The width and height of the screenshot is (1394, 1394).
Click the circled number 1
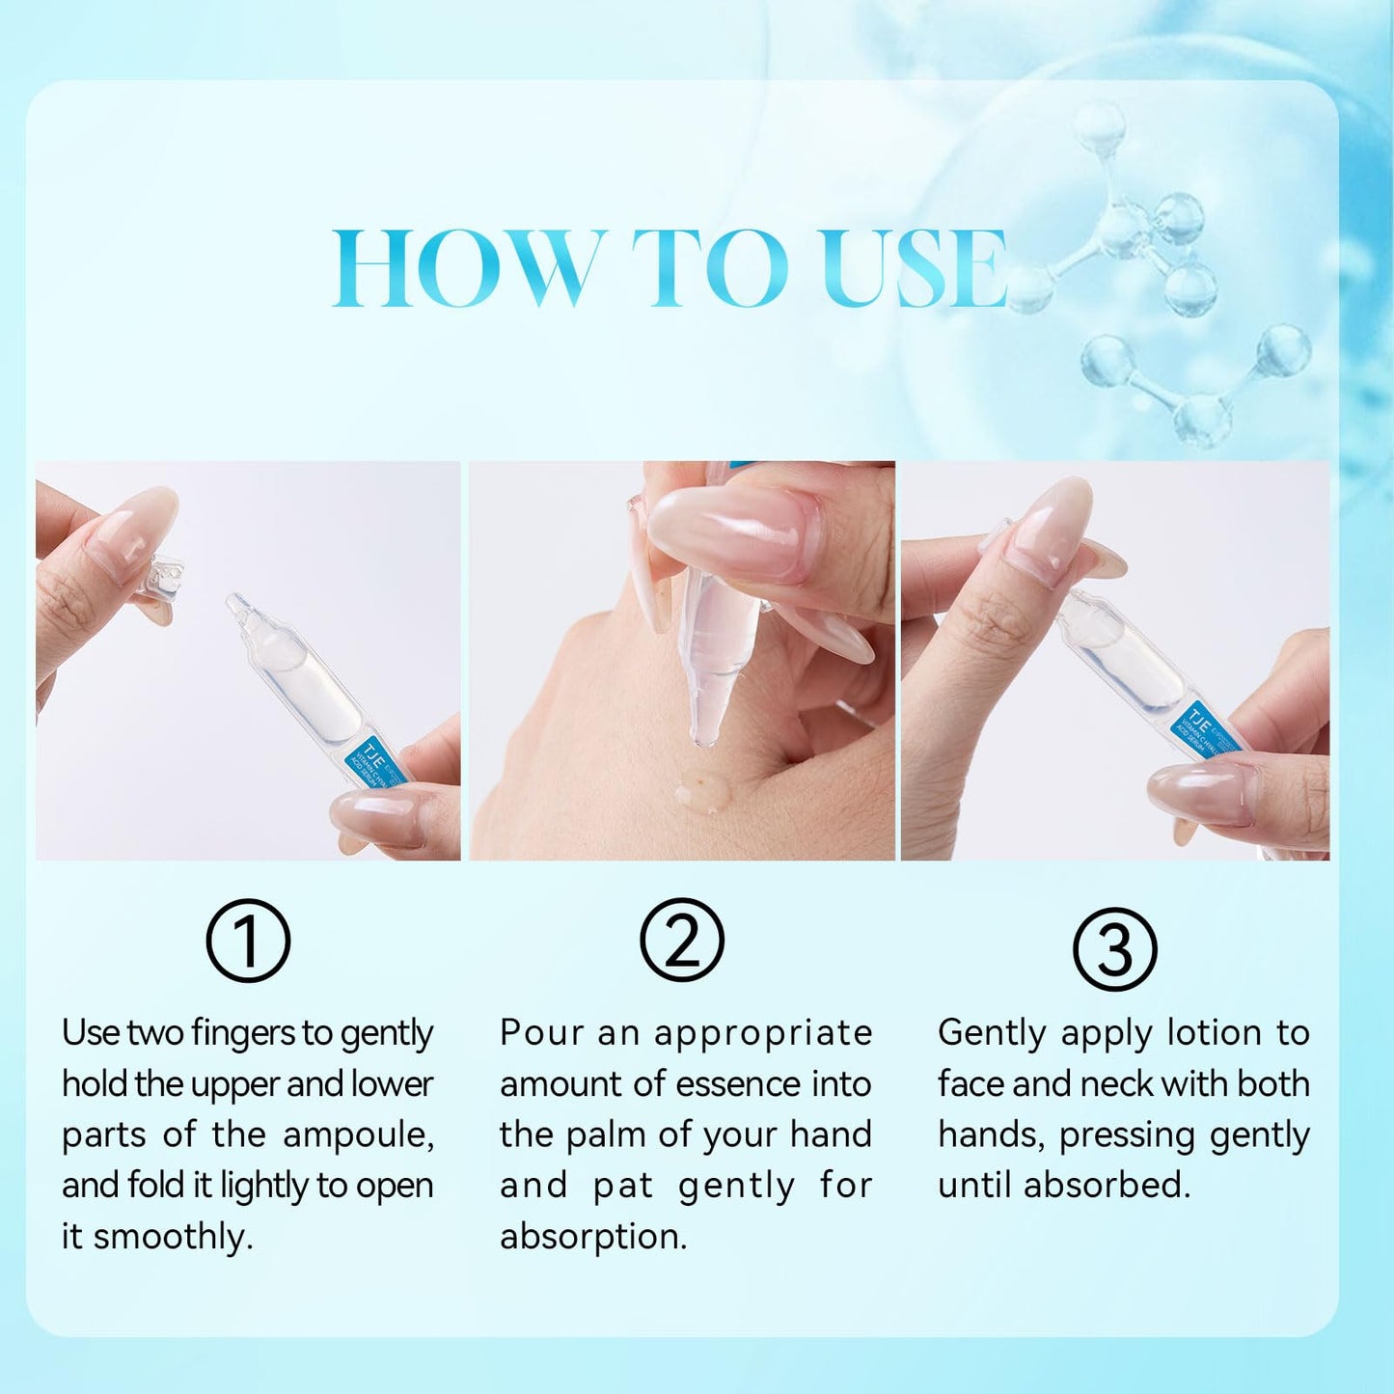point(248,941)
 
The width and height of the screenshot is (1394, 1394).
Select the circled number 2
point(682,941)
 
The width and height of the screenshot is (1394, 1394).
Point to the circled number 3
point(1115,949)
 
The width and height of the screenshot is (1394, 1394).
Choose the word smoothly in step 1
point(174,1237)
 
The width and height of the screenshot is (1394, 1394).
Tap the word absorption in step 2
point(593,1237)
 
